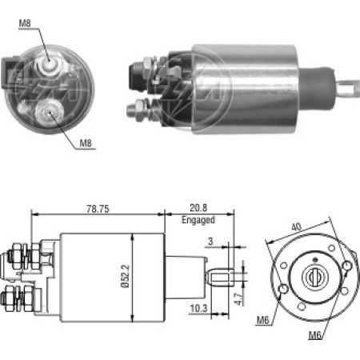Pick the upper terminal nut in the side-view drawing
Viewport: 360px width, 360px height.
click(17, 258)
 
